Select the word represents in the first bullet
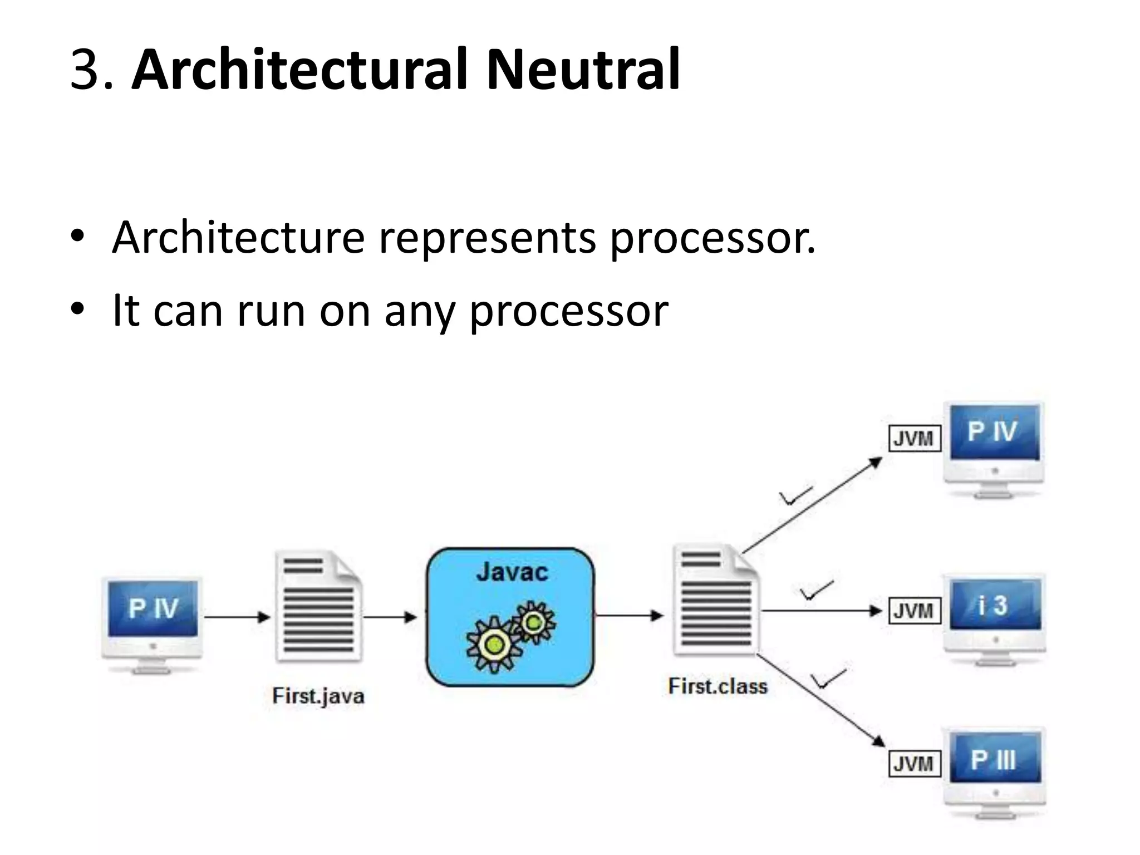point(487,238)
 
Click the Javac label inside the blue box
point(512,572)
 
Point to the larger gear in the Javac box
point(494,645)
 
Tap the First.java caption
point(318,696)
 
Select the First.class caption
point(718,686)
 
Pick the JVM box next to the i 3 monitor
point(914,611)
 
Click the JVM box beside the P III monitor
point(913,763)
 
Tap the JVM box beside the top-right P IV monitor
point(914,439)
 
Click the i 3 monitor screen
point(995,605)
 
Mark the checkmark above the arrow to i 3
point(816,591)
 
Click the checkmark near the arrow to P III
point(828,679)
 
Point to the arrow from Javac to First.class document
point(629,616)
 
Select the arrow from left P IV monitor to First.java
point(237,617)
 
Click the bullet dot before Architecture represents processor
point(77,236)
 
